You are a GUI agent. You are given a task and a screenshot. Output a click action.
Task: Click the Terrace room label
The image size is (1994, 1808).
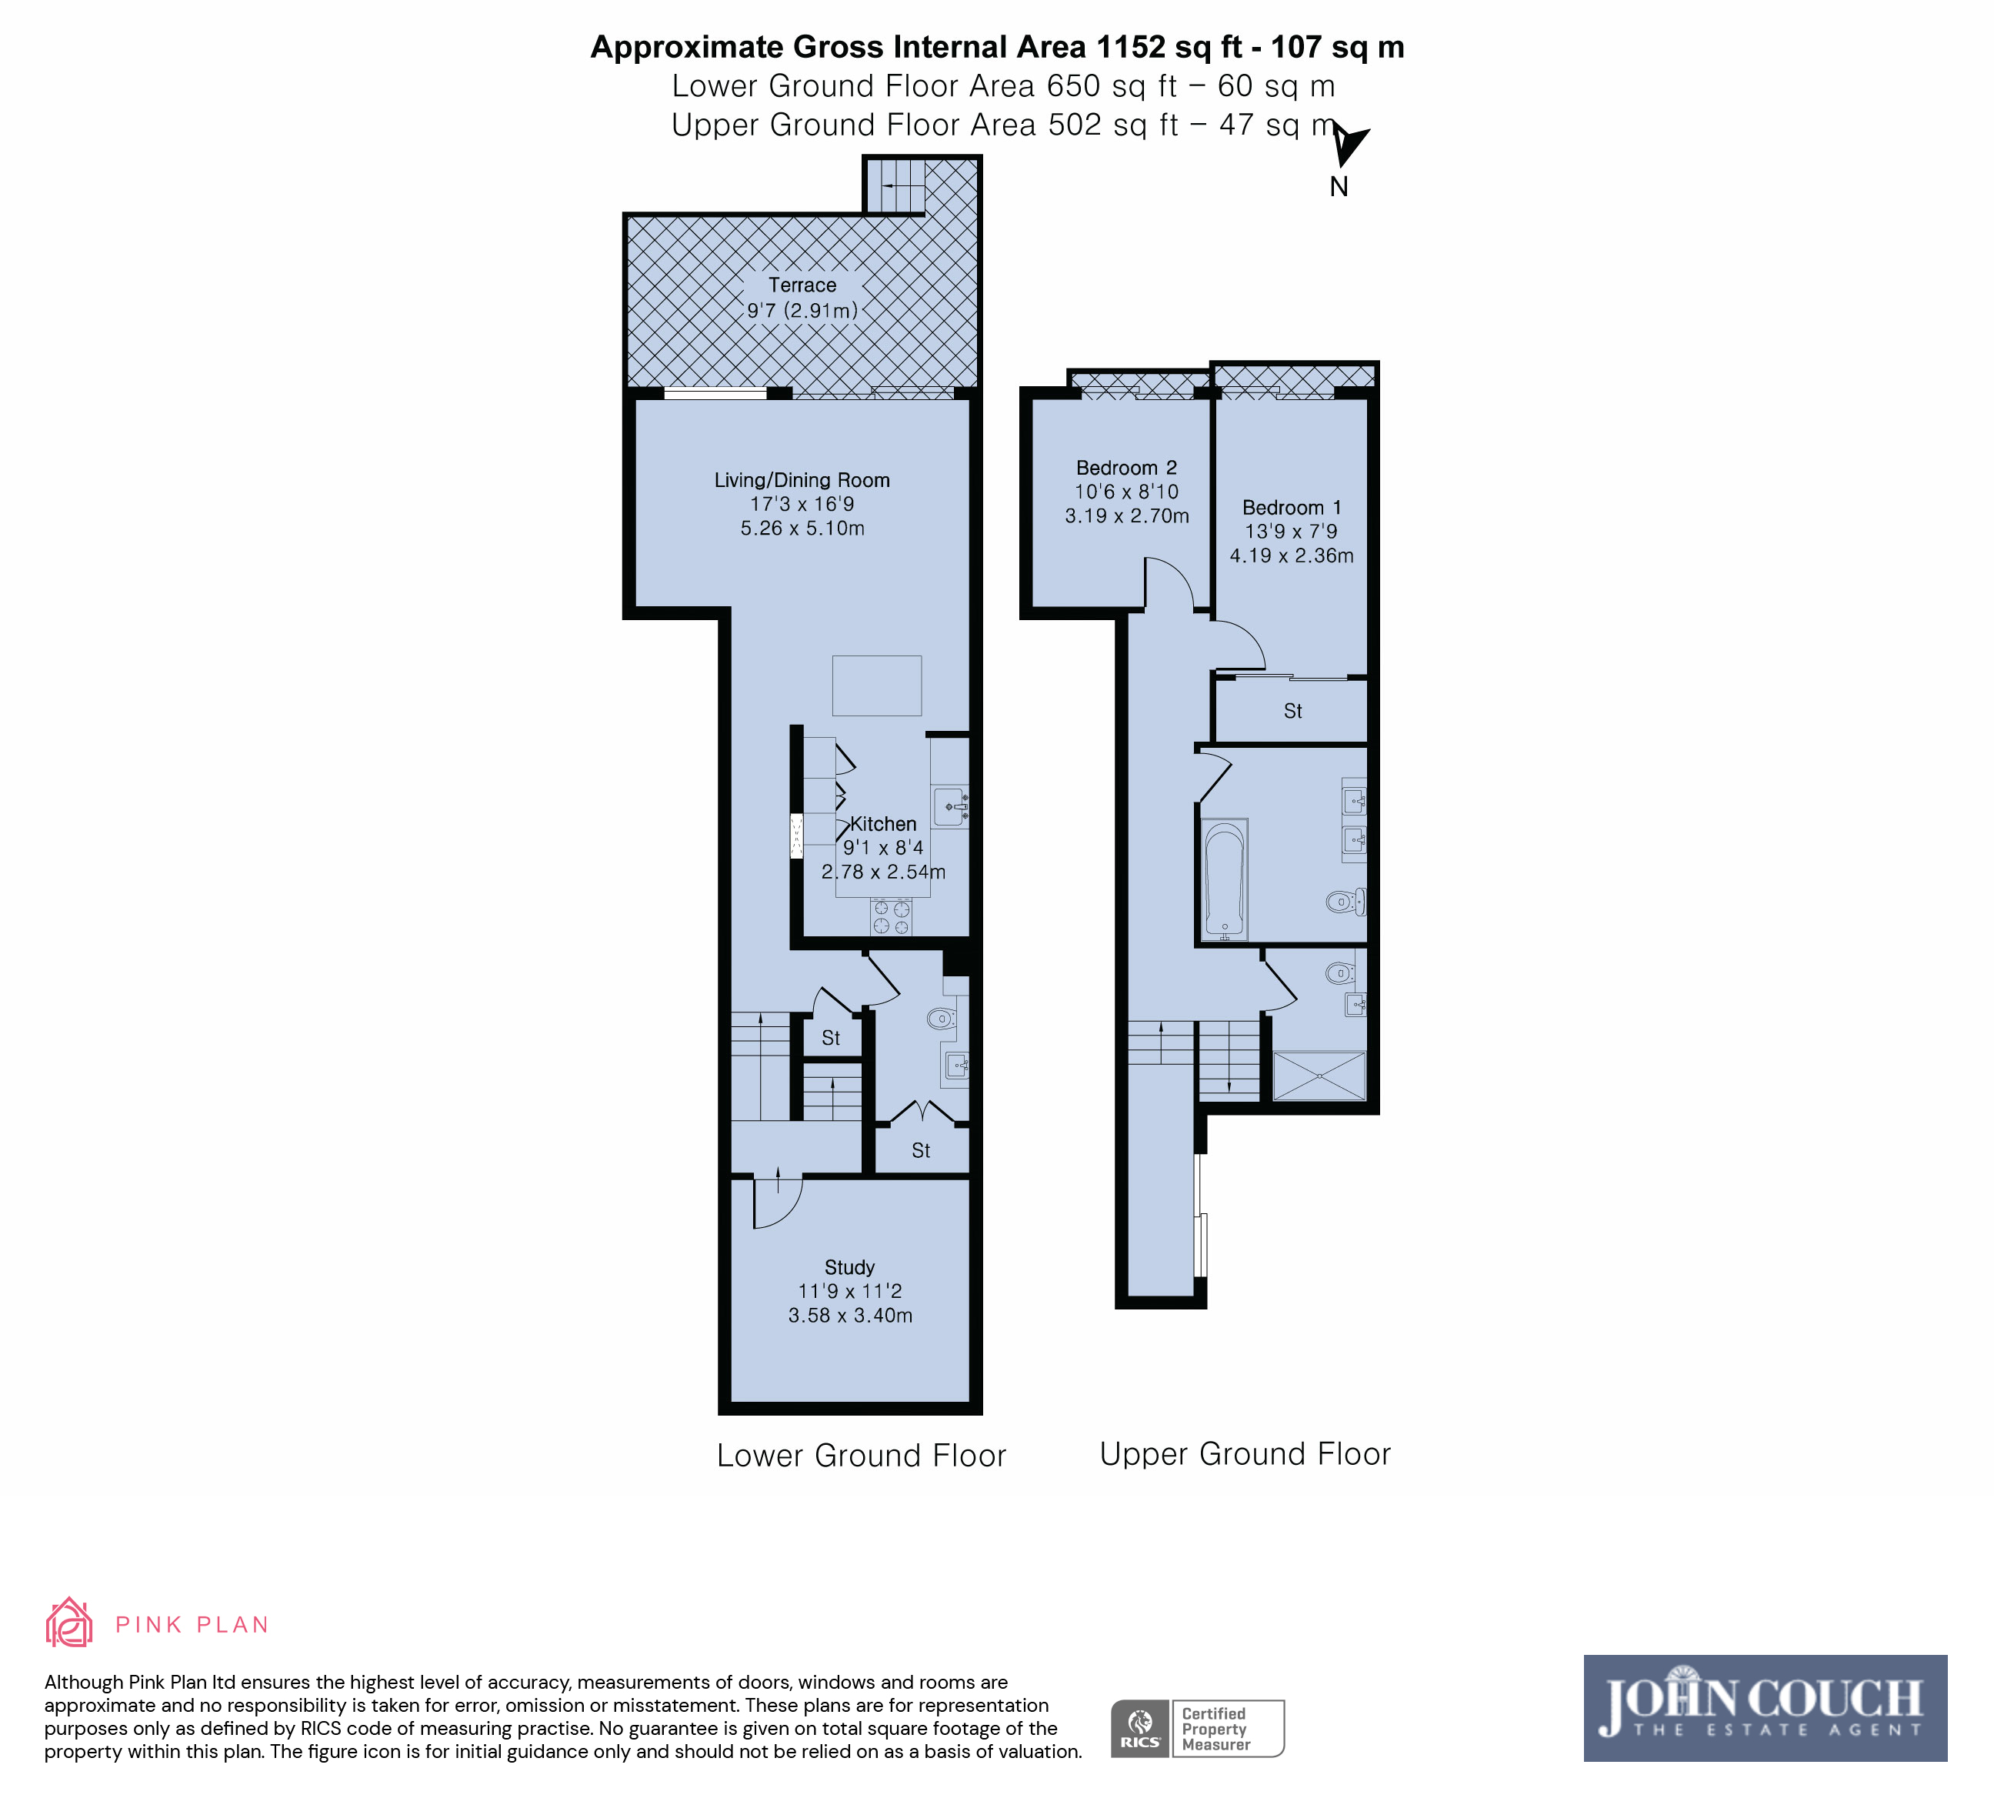click(802, 285)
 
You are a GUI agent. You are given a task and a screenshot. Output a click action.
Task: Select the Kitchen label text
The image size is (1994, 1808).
click(883, 824)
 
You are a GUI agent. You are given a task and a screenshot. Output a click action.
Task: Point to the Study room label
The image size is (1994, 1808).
click(849, 1267)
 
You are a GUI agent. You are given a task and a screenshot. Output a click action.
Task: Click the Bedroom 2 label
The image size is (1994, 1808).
click(1126, 468)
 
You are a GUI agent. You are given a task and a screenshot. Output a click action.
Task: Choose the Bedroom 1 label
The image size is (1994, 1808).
click(1292, 507)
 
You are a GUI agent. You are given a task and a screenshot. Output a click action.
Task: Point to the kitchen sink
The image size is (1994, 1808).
click(951, 806)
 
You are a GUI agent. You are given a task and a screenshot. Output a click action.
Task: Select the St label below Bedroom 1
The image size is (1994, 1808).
click(1292, 711)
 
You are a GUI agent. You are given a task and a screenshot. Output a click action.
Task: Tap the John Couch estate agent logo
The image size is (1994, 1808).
click(1765, 1707)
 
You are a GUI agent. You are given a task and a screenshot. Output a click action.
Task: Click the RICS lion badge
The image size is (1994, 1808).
click(1140, 1728)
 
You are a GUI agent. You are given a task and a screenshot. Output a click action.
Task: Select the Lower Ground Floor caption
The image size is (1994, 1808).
click(862, 1456)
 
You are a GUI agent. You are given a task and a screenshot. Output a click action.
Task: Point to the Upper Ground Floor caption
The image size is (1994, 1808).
click(1245, 1454)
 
